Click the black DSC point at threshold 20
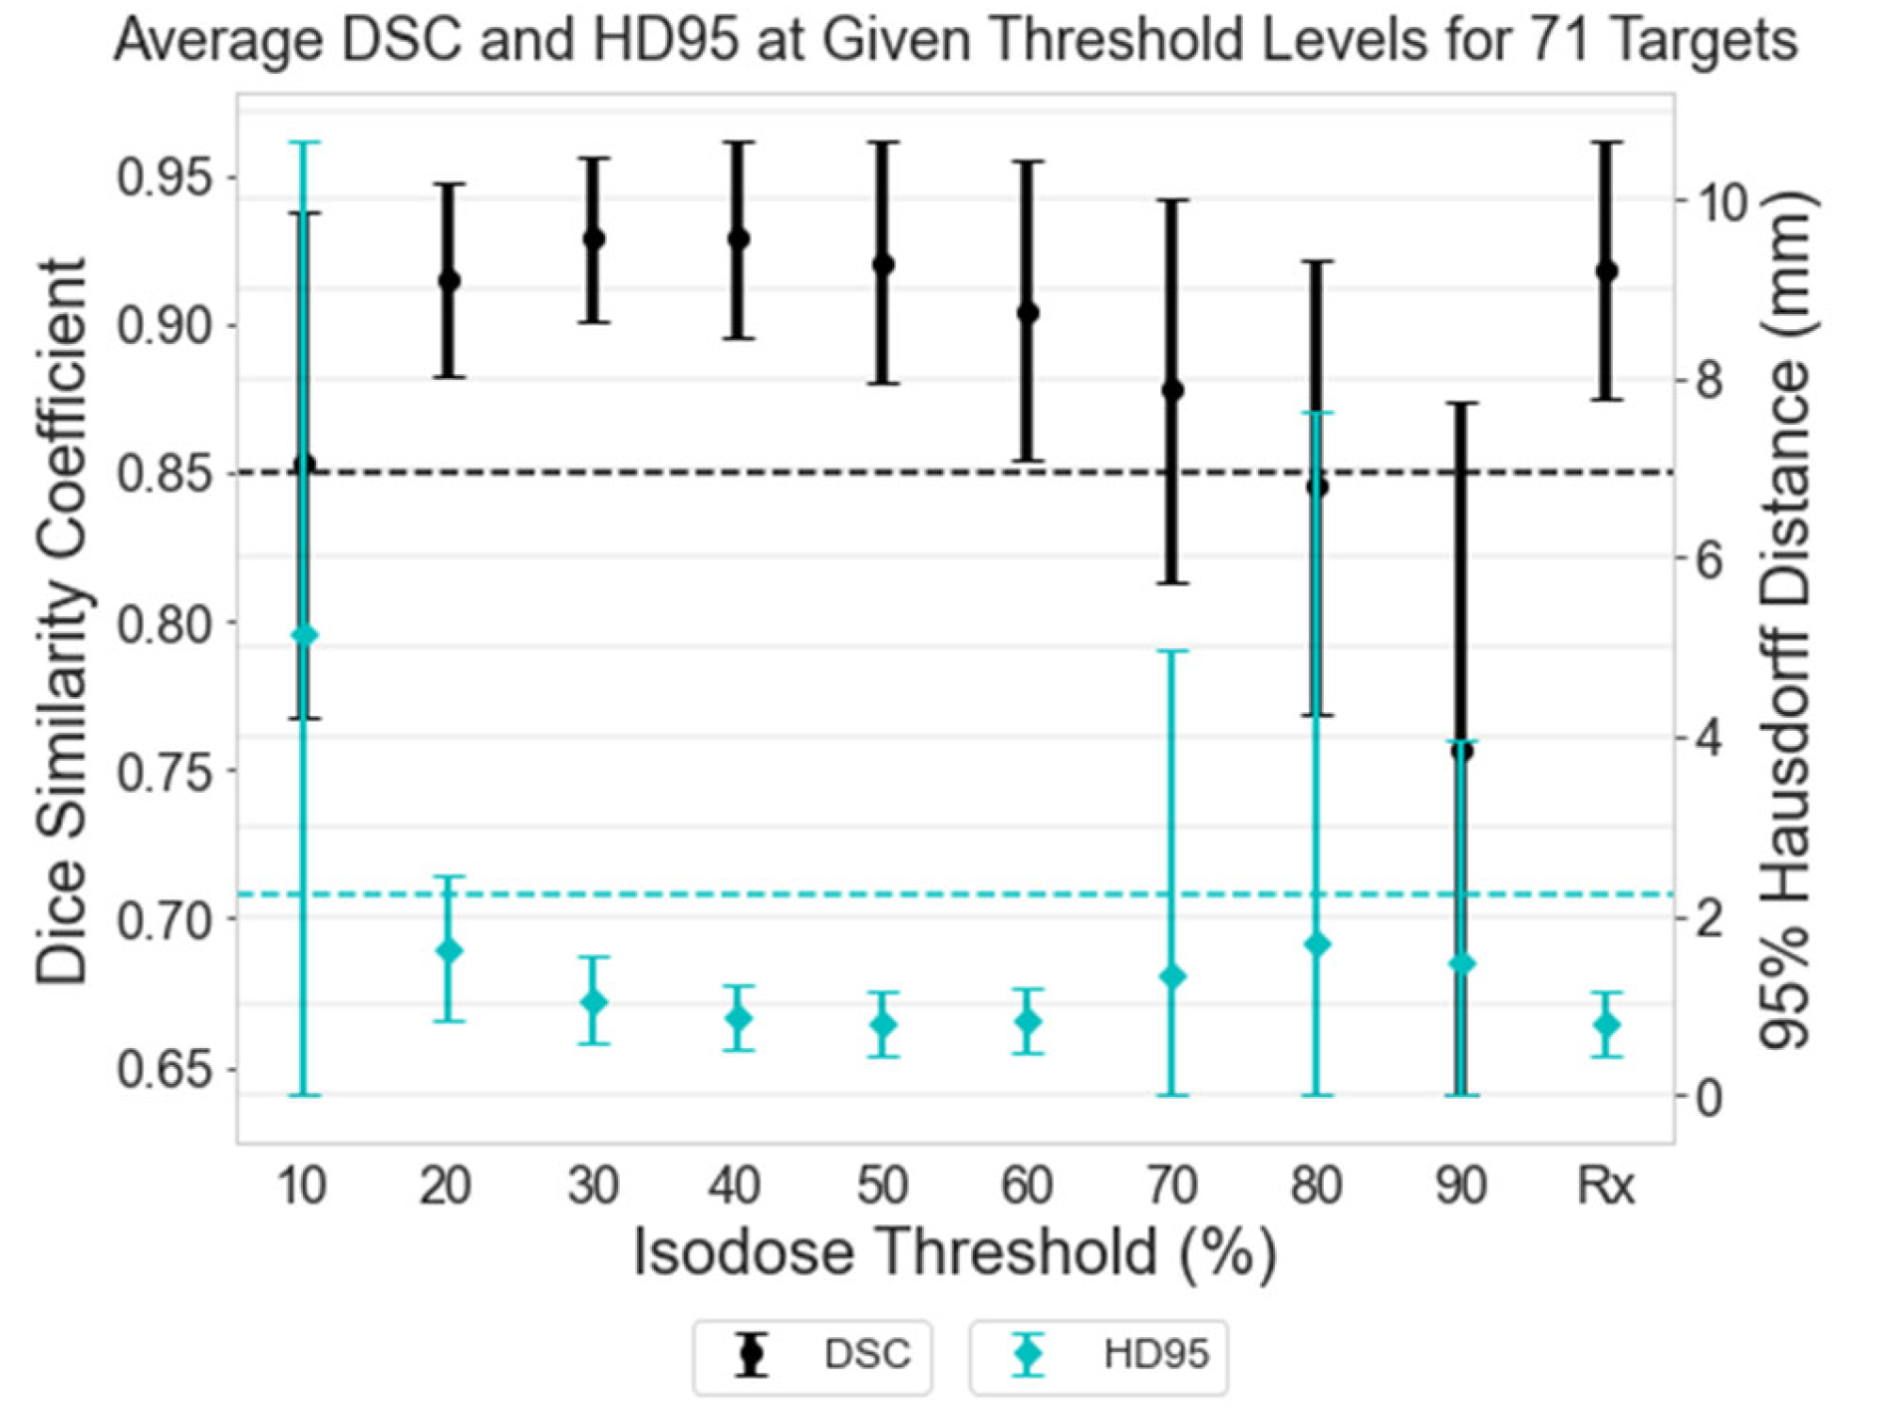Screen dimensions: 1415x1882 pyautogui.click(x=449, y=280)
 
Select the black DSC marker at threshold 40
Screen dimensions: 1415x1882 pyautogui.click(x=739, y=238)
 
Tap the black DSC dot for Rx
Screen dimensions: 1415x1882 pyautogui.click(x=1606, y=270)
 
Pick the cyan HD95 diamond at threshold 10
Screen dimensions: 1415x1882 pyautogui.click(x=305, y=635)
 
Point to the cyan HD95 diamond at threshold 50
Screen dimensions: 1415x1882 pyautogui.click(x=882, y=1024)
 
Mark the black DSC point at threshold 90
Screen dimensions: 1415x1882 pyautogui.click(x=1462, y=751)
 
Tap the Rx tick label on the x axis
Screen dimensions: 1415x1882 pyautogui.click(x=1606, y=1187)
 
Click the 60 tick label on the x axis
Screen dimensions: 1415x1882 pyautogui.click(x=1027, y=1187)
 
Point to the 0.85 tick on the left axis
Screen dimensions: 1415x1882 pyautogui.click(x=164, y=473)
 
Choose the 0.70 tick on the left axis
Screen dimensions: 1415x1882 pyautogui.click(x=164, y=919)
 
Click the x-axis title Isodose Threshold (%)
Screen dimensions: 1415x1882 pyautogui.click(x=955, y=1252)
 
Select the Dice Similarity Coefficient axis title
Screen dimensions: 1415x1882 pyautogui.click(x=62, y=620)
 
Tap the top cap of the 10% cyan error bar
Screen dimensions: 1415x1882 pyautogui.click(x=305, y=143)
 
